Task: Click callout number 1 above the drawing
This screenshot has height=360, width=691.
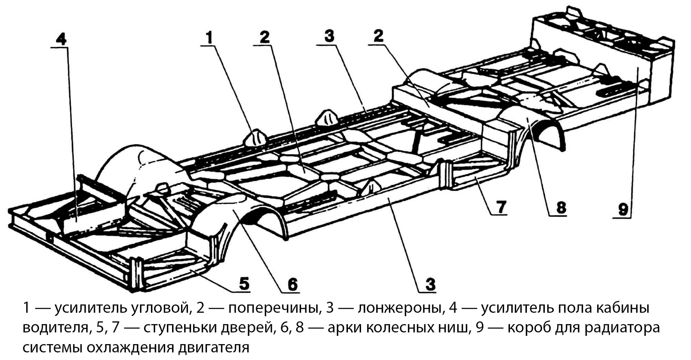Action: tap(210, 38)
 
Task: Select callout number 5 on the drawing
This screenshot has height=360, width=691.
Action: tap(244, 284)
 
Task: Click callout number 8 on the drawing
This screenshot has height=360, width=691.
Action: tap(560, 207)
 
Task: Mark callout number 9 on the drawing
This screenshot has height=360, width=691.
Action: tap(623, 209)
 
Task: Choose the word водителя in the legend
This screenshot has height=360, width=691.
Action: tap(55, 327)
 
